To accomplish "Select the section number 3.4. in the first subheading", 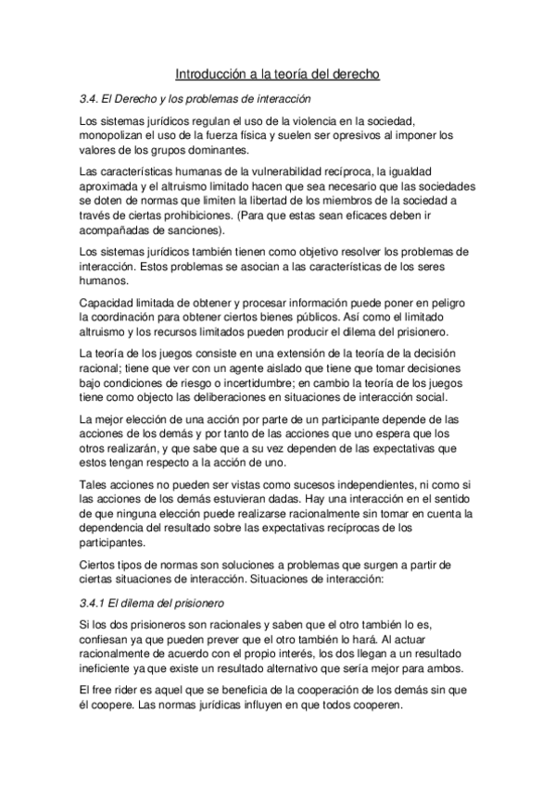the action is [94, 98].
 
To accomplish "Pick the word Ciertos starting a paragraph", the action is [99, 565].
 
